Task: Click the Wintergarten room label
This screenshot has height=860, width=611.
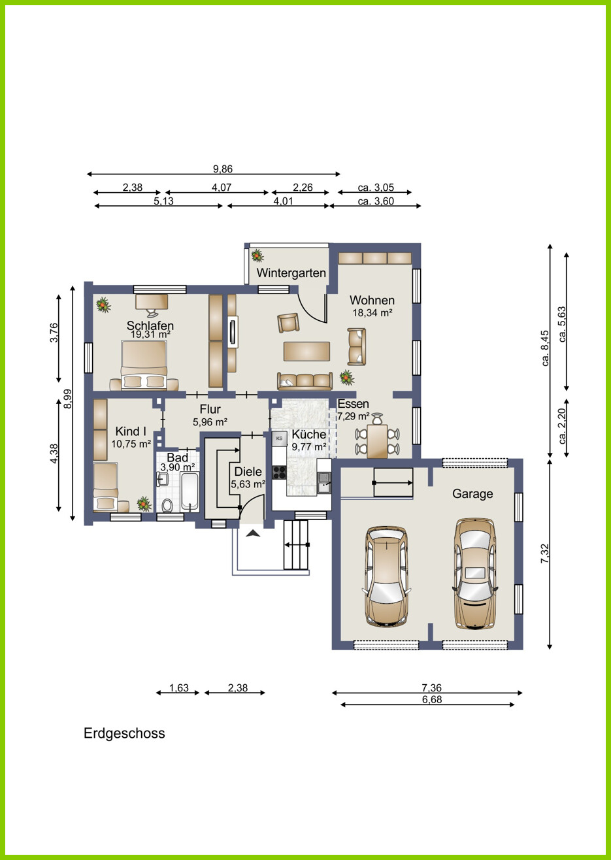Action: tap(291, 273)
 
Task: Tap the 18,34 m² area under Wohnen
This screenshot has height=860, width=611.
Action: tap(372, 313)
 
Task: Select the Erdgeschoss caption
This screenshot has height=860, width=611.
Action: tap(124, 734)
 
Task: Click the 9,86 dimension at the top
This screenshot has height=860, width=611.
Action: tap(223, 169)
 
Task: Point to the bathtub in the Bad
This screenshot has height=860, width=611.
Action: tap(190, 492)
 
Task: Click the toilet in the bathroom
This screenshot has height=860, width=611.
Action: tap(167, 505)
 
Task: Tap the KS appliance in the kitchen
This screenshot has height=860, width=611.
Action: tap(279, 438)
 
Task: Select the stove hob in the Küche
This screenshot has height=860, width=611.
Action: tap(279, 472)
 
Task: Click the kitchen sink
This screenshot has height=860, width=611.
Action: tap(324, 482)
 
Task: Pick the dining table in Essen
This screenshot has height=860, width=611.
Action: tap(377, 441)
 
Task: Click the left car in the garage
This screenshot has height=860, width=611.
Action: tap(386, 576)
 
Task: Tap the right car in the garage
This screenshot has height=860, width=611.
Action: tap(475, 574)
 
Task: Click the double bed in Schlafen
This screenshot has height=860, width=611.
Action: tap(144, 365)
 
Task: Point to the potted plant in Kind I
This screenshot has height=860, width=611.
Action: tap(144, 504)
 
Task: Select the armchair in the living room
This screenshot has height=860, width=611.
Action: tap(288, 323)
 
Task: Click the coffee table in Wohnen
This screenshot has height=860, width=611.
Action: tap(307, 352)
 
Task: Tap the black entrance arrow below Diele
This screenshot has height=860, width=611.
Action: tap(253, 533)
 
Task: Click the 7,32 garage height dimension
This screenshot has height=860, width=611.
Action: tap(544, 554)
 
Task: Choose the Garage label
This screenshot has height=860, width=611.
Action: tap(472, 494)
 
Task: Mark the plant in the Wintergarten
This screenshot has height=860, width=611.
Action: tap(257, 255)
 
